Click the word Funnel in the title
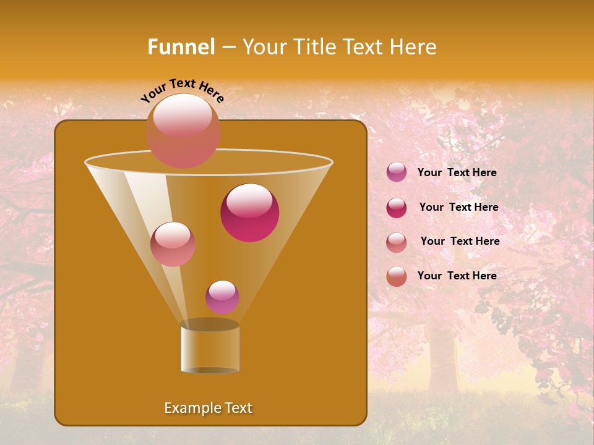pyautogui.click(x=181, y=47)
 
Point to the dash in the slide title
pyautogui.click(x=228, y=48)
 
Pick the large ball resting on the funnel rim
pyautogui.click(x=183, y=130)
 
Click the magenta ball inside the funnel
pyautogui.click(x=249, y=212)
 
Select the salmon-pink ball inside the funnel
pyautogui.click(x=173, y=244)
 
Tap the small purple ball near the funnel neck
pyautogui.click(x=222, y=297)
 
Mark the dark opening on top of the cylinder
pyautogui.click(x=210, y=324)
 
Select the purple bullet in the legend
pyautogui.click(x=397, y=172)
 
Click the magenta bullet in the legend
pyautogui.click(x=397, y=208)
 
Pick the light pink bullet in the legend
pyautogui.click(x=397, y=242)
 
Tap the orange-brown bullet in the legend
pyautogui.click(x=397, y=276)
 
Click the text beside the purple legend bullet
pyautogui.click(x=457, y=173)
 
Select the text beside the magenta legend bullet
pyautogui.click(x=458, y=208)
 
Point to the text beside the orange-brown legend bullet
pyautogui.click(x=457, y=276)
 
